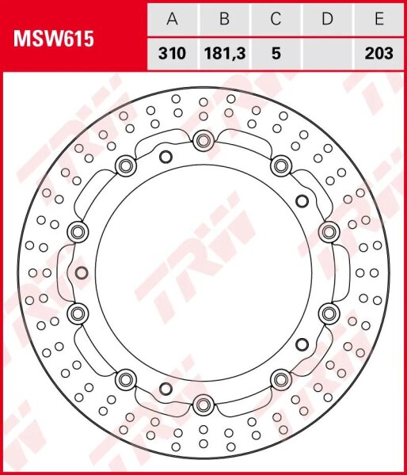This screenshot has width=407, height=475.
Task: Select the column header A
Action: coord(172,17)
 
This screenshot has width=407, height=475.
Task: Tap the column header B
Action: coord(223,17)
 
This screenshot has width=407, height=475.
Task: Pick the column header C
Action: coord(276,17)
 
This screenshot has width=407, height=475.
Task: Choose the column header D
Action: coord(327,17)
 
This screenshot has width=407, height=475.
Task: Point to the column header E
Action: coord(378,17)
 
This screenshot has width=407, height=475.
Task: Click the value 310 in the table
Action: coord(172,54)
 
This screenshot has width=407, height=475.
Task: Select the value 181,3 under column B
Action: coord(223,54)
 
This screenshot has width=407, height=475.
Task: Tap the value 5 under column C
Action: coord(276,54)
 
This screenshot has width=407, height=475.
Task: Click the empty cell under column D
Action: coord(327,54)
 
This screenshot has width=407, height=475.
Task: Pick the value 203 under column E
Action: coord(378,54)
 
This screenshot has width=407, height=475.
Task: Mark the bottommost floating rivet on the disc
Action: coord(203,405)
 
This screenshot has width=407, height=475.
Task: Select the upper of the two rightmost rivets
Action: coord(329,231)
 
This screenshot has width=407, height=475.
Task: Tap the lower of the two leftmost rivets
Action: coord(77,314)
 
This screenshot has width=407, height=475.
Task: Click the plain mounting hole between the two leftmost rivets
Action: coord(82,273)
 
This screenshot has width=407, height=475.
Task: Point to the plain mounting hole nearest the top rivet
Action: coord(165,155)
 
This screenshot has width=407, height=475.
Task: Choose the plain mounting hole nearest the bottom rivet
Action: coord(165,388)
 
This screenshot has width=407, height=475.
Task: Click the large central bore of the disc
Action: coord(203,273)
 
